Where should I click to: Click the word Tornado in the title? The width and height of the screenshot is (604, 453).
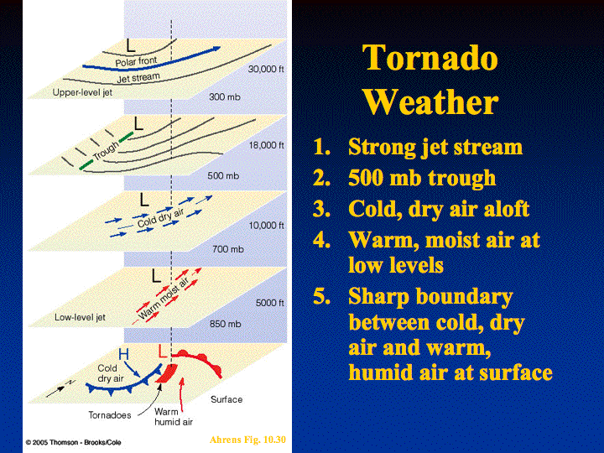point(430,58)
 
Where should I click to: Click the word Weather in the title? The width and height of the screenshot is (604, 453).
point(430,102)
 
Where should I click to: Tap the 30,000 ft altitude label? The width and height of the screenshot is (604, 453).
point(266,69)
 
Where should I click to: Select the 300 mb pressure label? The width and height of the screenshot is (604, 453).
point(225,96)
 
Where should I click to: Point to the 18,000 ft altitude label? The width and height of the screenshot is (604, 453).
point(266,145)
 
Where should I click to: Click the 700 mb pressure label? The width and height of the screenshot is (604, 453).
point(228,249)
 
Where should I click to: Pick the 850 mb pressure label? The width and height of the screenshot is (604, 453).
point(226,324)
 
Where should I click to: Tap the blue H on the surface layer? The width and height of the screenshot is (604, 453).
point(123,354)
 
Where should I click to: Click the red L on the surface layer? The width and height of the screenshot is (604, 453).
point(163,351)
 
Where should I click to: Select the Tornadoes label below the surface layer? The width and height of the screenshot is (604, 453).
point(110,415)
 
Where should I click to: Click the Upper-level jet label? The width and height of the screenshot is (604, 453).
point(82,92)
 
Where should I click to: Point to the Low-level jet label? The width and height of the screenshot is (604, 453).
point(80,317)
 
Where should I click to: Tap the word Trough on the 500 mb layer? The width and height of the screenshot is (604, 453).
point(106,151)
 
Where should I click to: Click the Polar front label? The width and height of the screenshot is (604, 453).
point(137,61)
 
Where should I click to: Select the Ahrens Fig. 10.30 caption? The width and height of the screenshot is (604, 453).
point(247,440)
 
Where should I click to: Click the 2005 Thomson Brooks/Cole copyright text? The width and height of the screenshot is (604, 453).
point(73,442)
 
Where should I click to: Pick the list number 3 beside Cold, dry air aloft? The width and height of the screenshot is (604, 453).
point(321,209)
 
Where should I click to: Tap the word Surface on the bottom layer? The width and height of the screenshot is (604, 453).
point(226,399)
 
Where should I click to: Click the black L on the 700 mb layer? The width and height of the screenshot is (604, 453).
point(144,200)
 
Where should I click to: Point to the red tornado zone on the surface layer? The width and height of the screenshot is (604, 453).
point(167,373)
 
